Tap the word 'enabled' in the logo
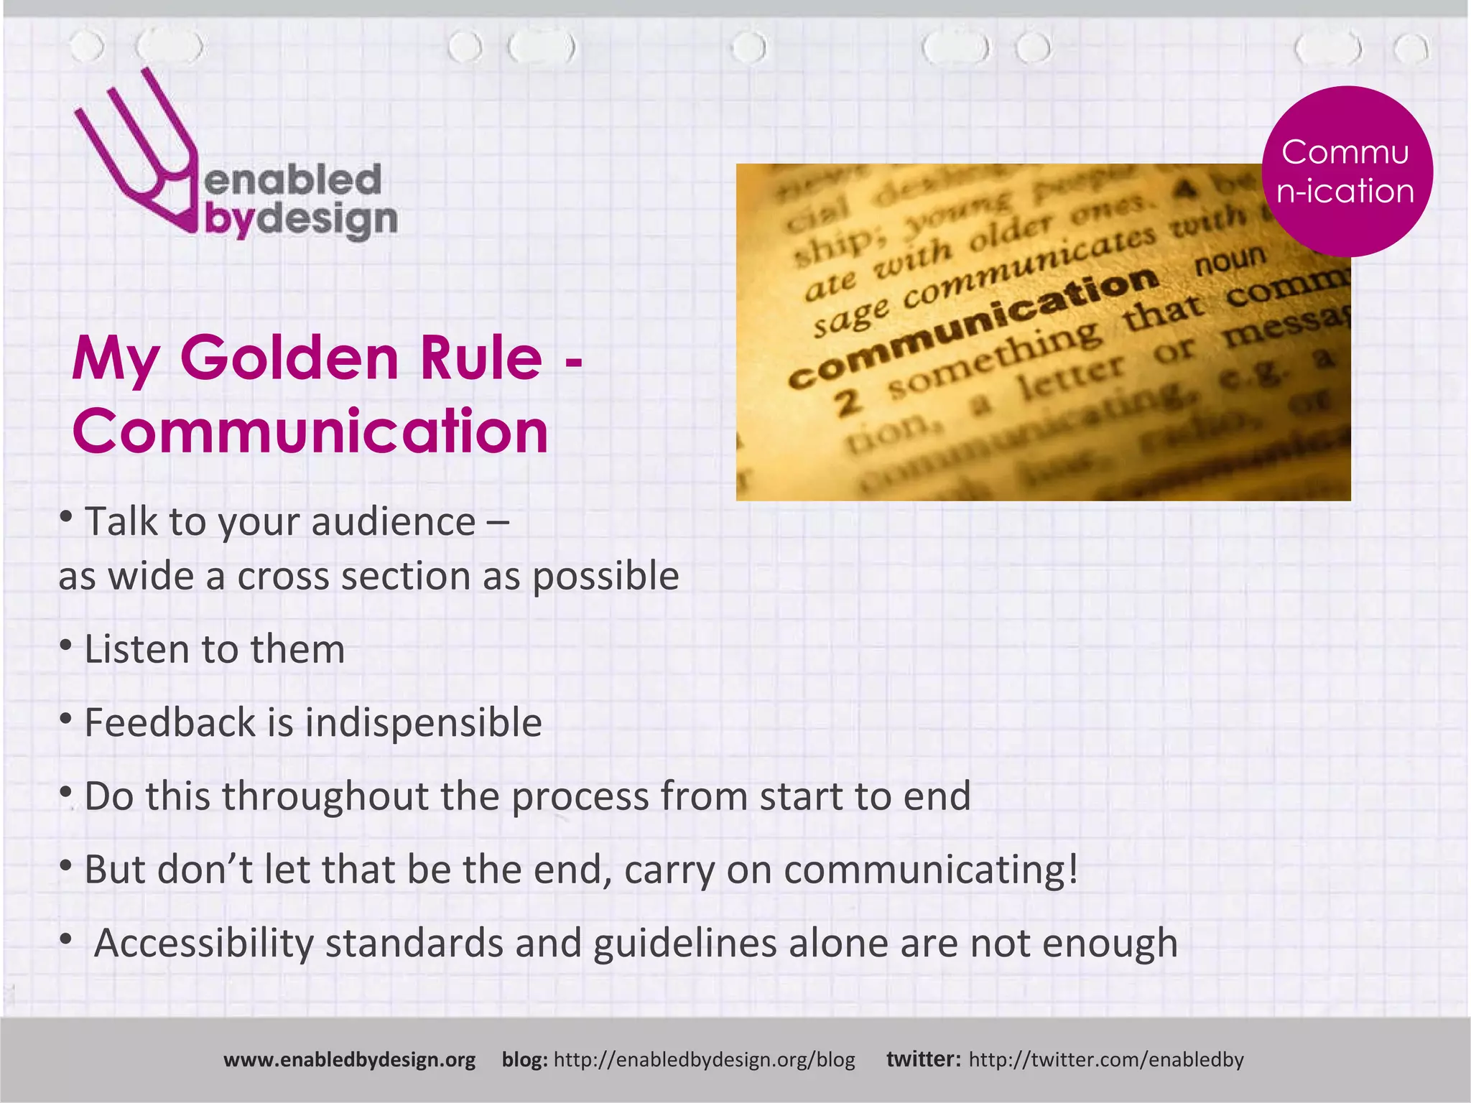point(293,180)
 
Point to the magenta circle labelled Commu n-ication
point(1347,172)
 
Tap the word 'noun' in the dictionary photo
point(1230,261)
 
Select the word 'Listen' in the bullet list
point(136,650)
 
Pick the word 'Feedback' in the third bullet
point(170,723)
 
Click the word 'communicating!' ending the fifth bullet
point(932,870)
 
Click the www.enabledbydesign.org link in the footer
point(350,1060)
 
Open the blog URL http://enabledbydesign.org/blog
point(705,1060)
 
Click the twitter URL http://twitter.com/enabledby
point(1106,1060)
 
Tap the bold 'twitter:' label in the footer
point(924,1060)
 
